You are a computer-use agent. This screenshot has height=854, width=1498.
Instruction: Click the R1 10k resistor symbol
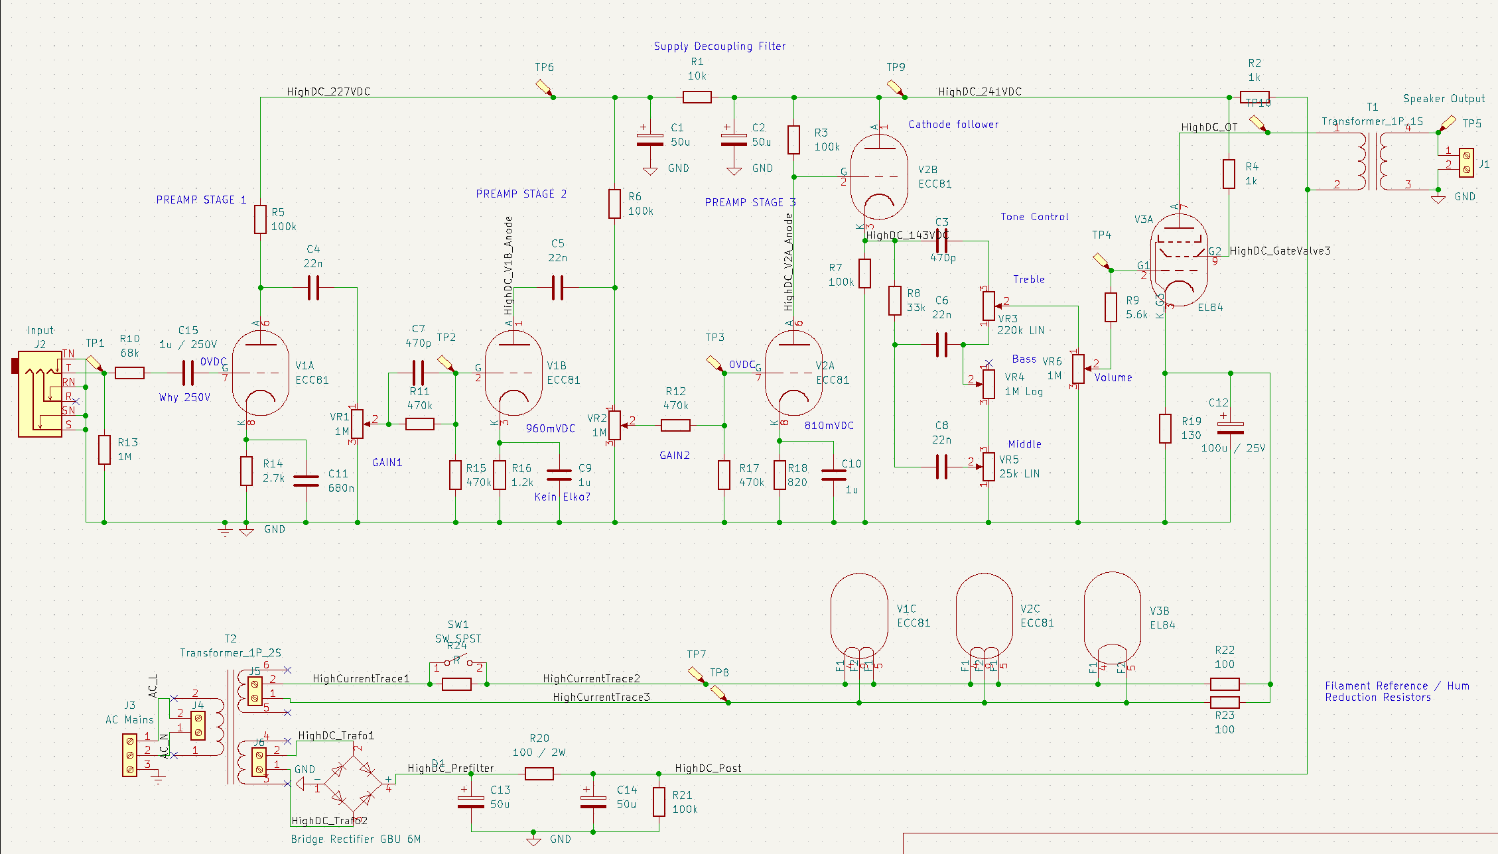(697, 97)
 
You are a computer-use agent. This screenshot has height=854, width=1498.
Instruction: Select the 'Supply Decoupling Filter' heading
(719, 46)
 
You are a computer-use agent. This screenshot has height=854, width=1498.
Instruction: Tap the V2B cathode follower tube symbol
(879, 176)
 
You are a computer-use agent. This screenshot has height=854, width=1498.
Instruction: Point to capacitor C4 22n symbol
(313, 288)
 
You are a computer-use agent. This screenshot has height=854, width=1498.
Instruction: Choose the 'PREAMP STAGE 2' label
(521, 194)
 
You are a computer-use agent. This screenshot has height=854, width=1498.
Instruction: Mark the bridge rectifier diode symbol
(352, 784)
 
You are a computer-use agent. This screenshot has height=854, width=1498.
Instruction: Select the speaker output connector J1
(1466, 162)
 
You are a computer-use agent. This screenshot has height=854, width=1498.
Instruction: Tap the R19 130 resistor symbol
(1165, 428)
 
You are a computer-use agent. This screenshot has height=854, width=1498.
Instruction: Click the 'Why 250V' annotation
(184, 398)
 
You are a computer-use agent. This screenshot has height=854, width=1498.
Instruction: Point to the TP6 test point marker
(544, 88)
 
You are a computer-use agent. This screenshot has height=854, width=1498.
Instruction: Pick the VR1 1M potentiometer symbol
(357, 424)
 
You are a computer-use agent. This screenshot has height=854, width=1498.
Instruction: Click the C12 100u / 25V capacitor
(1230, 428)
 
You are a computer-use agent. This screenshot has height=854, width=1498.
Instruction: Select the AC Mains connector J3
(130, 755)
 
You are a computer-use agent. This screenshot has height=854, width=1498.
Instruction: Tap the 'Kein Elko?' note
(562, 497)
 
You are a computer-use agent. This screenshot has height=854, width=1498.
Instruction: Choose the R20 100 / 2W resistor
(539, 774)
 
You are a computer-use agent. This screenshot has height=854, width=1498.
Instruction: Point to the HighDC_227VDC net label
(328, 92)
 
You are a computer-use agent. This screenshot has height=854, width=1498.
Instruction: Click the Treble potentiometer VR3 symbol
(988, 306)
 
